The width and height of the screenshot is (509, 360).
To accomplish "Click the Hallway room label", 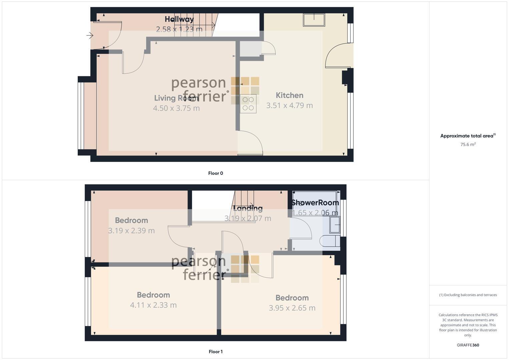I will (x=179, y=19).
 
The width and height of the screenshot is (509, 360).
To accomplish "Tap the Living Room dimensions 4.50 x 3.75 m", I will (x=176, y=108).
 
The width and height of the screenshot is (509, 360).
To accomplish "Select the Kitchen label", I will (x=289, y=95).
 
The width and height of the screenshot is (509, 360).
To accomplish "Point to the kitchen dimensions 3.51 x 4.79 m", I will (x=289, y=105).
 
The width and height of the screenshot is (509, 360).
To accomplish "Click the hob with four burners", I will (x=248, y=104).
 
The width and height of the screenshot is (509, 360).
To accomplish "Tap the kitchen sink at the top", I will (x=314, y=20).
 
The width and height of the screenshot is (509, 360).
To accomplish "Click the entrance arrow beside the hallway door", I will (x=90, y=35).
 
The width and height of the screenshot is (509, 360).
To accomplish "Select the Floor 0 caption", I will (x=215, y=173).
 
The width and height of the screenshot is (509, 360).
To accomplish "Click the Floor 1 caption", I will (x=215, y=351).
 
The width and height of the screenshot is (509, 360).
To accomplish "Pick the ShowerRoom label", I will (x=315, y=203).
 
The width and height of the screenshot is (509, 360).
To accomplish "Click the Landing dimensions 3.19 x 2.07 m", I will (x=248, y=218).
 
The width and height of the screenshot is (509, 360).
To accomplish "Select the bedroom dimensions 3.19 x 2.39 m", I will (x=131, y=230).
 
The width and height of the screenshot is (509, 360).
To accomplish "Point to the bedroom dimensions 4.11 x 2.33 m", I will (x=153, y=305).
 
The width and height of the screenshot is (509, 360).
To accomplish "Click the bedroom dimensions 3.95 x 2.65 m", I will (x=292, y=308).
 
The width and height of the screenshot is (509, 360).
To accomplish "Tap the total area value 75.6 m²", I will (x=468, y=144).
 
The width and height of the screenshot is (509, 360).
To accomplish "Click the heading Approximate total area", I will (x=467, y=136).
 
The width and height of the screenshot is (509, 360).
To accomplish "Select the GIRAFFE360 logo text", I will (x=468, y=345).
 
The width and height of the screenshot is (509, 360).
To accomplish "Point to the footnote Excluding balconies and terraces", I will (x=468, y=295).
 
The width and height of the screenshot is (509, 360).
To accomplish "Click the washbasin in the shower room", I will (x=334, y=225).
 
